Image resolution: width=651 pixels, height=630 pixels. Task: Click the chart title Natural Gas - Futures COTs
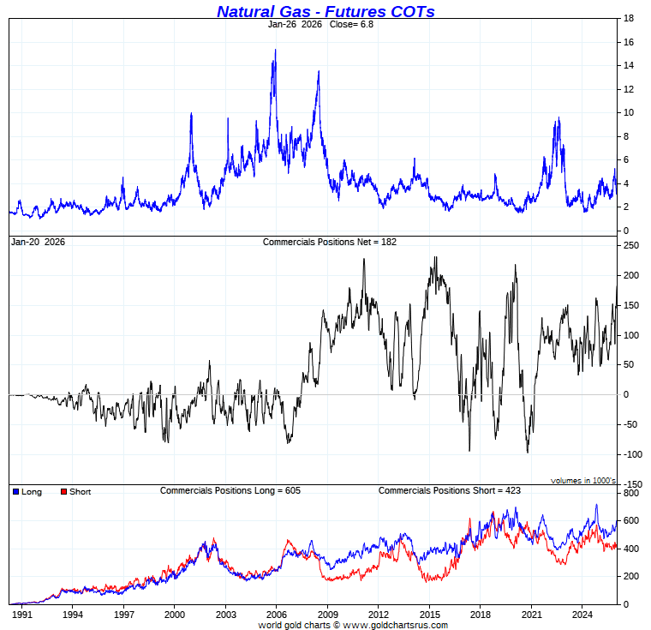(325, 11)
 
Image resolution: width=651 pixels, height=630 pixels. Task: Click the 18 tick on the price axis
(629, 18)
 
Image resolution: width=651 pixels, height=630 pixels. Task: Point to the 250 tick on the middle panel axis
(632, 245)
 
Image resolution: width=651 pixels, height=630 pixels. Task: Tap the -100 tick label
(630, 454)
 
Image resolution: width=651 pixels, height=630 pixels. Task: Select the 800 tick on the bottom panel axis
(631, 494)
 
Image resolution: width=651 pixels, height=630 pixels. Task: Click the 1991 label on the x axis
(21, 615)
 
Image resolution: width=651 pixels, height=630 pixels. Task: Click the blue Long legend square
(16, 492)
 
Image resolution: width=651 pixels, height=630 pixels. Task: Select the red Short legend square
(63, 492)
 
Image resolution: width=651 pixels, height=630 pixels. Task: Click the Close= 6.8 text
(352, 24)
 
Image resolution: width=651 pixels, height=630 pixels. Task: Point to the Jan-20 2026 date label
(37, 242)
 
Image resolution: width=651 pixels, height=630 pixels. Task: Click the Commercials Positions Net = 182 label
(330, 242)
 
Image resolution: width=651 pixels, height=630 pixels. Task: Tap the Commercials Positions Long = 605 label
(230, 490)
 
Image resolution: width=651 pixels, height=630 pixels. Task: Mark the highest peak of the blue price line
(275, 50)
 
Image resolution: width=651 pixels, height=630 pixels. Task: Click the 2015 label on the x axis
(429, 615)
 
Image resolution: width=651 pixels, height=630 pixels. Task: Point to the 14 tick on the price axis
(629, 65)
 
